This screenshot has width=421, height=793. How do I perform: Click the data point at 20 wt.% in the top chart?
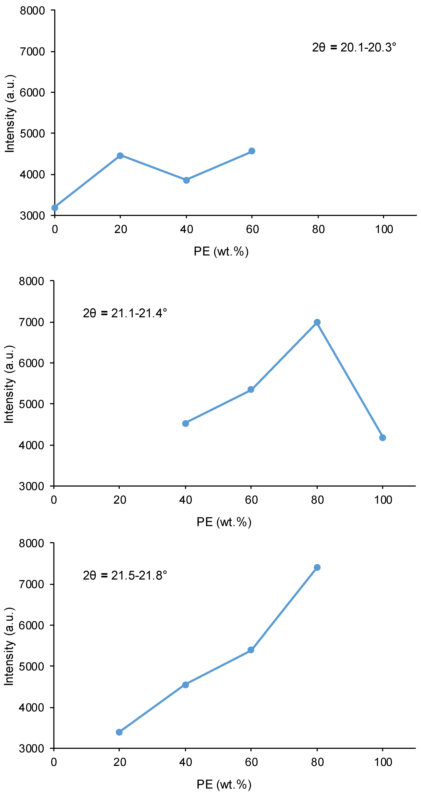pos(120,156)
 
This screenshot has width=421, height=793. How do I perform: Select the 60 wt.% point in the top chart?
pos(252,151)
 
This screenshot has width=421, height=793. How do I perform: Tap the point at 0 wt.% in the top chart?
pos(55,208)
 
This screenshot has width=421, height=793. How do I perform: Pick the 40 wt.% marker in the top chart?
pos(186,180)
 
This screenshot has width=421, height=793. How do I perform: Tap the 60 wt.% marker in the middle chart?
pos(251,390)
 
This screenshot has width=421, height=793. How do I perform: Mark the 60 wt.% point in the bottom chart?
pos(251,650)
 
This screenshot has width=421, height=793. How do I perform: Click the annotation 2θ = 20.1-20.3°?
pos(354,47)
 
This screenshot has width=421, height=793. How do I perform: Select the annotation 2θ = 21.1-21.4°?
pos(125,313)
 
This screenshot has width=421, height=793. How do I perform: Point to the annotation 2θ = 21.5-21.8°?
pos(125,575)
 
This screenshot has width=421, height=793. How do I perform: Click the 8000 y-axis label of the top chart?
pos(32,11)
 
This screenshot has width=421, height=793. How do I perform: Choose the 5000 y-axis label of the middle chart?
pos(31,404)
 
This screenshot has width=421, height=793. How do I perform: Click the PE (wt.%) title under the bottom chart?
pos(224,784)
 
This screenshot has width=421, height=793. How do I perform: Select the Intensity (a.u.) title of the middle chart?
pos(9,384)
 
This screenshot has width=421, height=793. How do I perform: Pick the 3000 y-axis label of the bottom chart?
pos(31,749)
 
